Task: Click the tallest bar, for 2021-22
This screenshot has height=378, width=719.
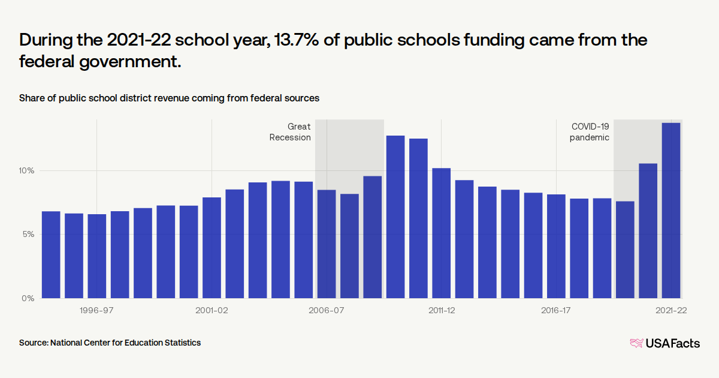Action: (x=670, y=210)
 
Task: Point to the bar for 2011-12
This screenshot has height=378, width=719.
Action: (x=441, y=233)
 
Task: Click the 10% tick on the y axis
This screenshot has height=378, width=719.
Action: (x=26, y=170)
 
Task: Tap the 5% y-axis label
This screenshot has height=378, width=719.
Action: (x=28, y=234)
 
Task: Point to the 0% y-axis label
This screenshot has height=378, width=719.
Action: (x=28, y=298)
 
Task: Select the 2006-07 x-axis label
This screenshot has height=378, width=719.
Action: (x=327, y=311)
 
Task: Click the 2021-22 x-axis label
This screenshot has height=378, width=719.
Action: (x=670, y=311)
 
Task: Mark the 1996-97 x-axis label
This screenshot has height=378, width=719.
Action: (x=96, y=311)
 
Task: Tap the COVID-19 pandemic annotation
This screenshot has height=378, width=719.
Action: (x=590, y=132)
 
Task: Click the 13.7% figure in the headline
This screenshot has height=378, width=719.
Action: (x=295, y=41)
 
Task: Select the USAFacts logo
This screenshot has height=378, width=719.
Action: (x=664, y=343)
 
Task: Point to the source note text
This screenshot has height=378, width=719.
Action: (x=110, y=343)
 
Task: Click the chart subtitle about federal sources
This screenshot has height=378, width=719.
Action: (x=169, y=98)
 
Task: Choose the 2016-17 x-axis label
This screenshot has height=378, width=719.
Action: (x=556, y=311)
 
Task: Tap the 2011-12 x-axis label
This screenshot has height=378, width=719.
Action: (x=441, y=311)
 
